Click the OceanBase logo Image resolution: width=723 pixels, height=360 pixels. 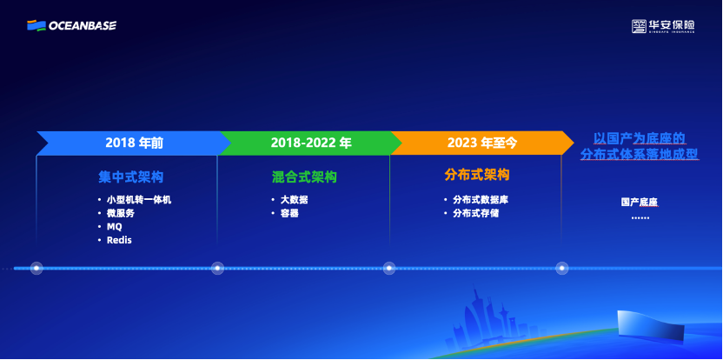point(71,25)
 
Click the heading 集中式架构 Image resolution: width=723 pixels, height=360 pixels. point(130,177)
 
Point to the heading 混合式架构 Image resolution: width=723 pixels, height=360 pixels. point(304,177)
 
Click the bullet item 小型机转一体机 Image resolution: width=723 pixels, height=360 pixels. point(138,200)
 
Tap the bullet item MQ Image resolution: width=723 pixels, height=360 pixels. point(114,226)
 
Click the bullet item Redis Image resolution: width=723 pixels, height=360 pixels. point(119,239)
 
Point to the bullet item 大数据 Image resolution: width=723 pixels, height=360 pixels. point(293,200)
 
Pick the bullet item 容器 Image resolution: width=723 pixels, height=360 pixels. point(289,213)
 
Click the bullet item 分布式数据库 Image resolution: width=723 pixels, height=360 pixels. point(480,200)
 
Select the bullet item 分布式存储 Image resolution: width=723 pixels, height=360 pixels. point(475,213)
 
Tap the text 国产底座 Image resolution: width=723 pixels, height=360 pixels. point(640,202)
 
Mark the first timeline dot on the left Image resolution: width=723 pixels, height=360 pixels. point(36,268)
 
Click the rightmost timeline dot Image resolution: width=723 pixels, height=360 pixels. point(562,268)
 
